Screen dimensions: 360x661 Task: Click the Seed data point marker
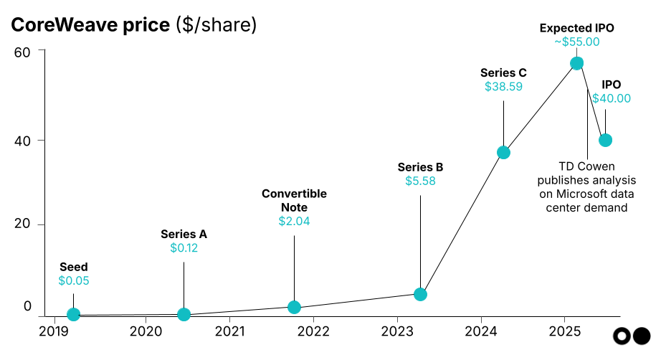click(x=73, y=314)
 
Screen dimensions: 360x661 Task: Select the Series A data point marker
click(x=184, y=314)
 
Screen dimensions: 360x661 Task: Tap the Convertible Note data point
click(x=294, y=307)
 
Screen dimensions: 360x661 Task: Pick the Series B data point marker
click(x=420, y=294)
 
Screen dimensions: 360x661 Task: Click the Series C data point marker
click(x=503, y=152)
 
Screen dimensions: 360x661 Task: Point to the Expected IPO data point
click(x=576, y=63)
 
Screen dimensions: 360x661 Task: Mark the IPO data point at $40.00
click(x=605, y=140)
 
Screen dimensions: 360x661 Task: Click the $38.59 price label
click(x=503, y=87)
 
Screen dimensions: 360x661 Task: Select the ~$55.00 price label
click(x=576, y=42)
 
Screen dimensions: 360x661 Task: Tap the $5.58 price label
click(x=420, y=181)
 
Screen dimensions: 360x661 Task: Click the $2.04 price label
click(x=294, y=222)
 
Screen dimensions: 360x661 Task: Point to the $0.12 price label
click(x=184, y=248)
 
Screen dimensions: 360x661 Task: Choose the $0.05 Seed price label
click(x=73, y=281)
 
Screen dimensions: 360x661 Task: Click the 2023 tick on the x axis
click(x=396, y=331)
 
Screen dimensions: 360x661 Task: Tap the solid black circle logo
click(x=642, y=336)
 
